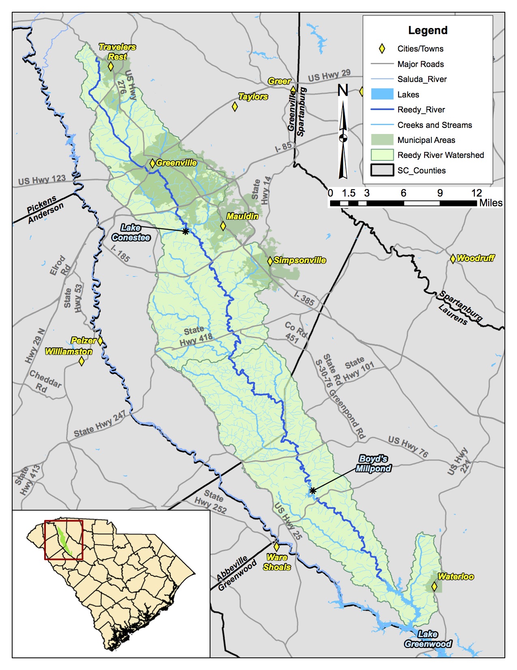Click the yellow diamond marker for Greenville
[x=152, y=163]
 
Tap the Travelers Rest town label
[x=117, y=52]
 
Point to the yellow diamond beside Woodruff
[x=453, y=259]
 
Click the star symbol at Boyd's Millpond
[x=313, y=491]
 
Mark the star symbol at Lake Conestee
[x=185, y=231]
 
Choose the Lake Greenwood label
[x=428, y=639]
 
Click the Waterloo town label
[x=455, y=577]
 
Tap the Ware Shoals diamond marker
[x=277, y=547]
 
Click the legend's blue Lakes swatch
[x=382, y=95]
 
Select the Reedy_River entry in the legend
[x=421, y=110]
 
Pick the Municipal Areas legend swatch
[x=382, y=140]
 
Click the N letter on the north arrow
[x=343, y=90]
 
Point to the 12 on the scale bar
[x=476, y=193]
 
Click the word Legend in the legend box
[x=428, y=30]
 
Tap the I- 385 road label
[x=304, y=299]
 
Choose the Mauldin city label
[x=242, y=216]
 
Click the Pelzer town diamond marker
[x=100, y=341]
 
